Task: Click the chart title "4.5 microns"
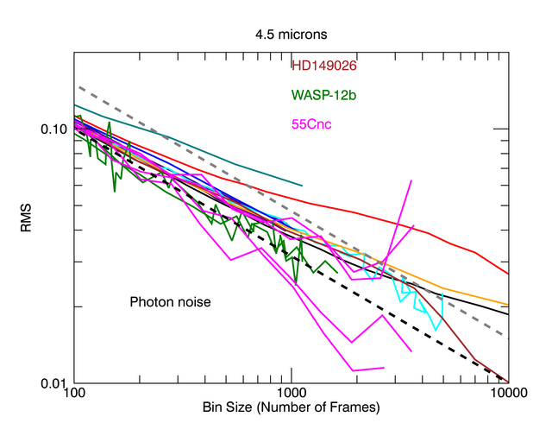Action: pos(291,35)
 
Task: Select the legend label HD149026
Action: pos(325,65)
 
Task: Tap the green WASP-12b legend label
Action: pos(322,94)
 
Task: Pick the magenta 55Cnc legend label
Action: pos(312,124)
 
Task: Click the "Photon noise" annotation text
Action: pos(170,302)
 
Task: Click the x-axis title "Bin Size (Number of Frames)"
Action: pos(292,406)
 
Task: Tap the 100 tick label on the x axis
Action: pos(75,393)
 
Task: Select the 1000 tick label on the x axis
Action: pos(292,393)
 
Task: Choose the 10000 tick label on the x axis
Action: pos(508,393)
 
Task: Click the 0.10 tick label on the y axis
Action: pos(54,129)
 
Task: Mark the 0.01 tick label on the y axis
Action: pos(54,383)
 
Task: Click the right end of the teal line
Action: pos(302,185)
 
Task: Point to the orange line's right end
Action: pos(508,305)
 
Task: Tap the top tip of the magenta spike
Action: pos(411,180)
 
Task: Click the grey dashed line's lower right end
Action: pos(508,338)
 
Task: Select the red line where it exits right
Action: pos(508,274)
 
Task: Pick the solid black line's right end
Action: pos(508,314)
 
